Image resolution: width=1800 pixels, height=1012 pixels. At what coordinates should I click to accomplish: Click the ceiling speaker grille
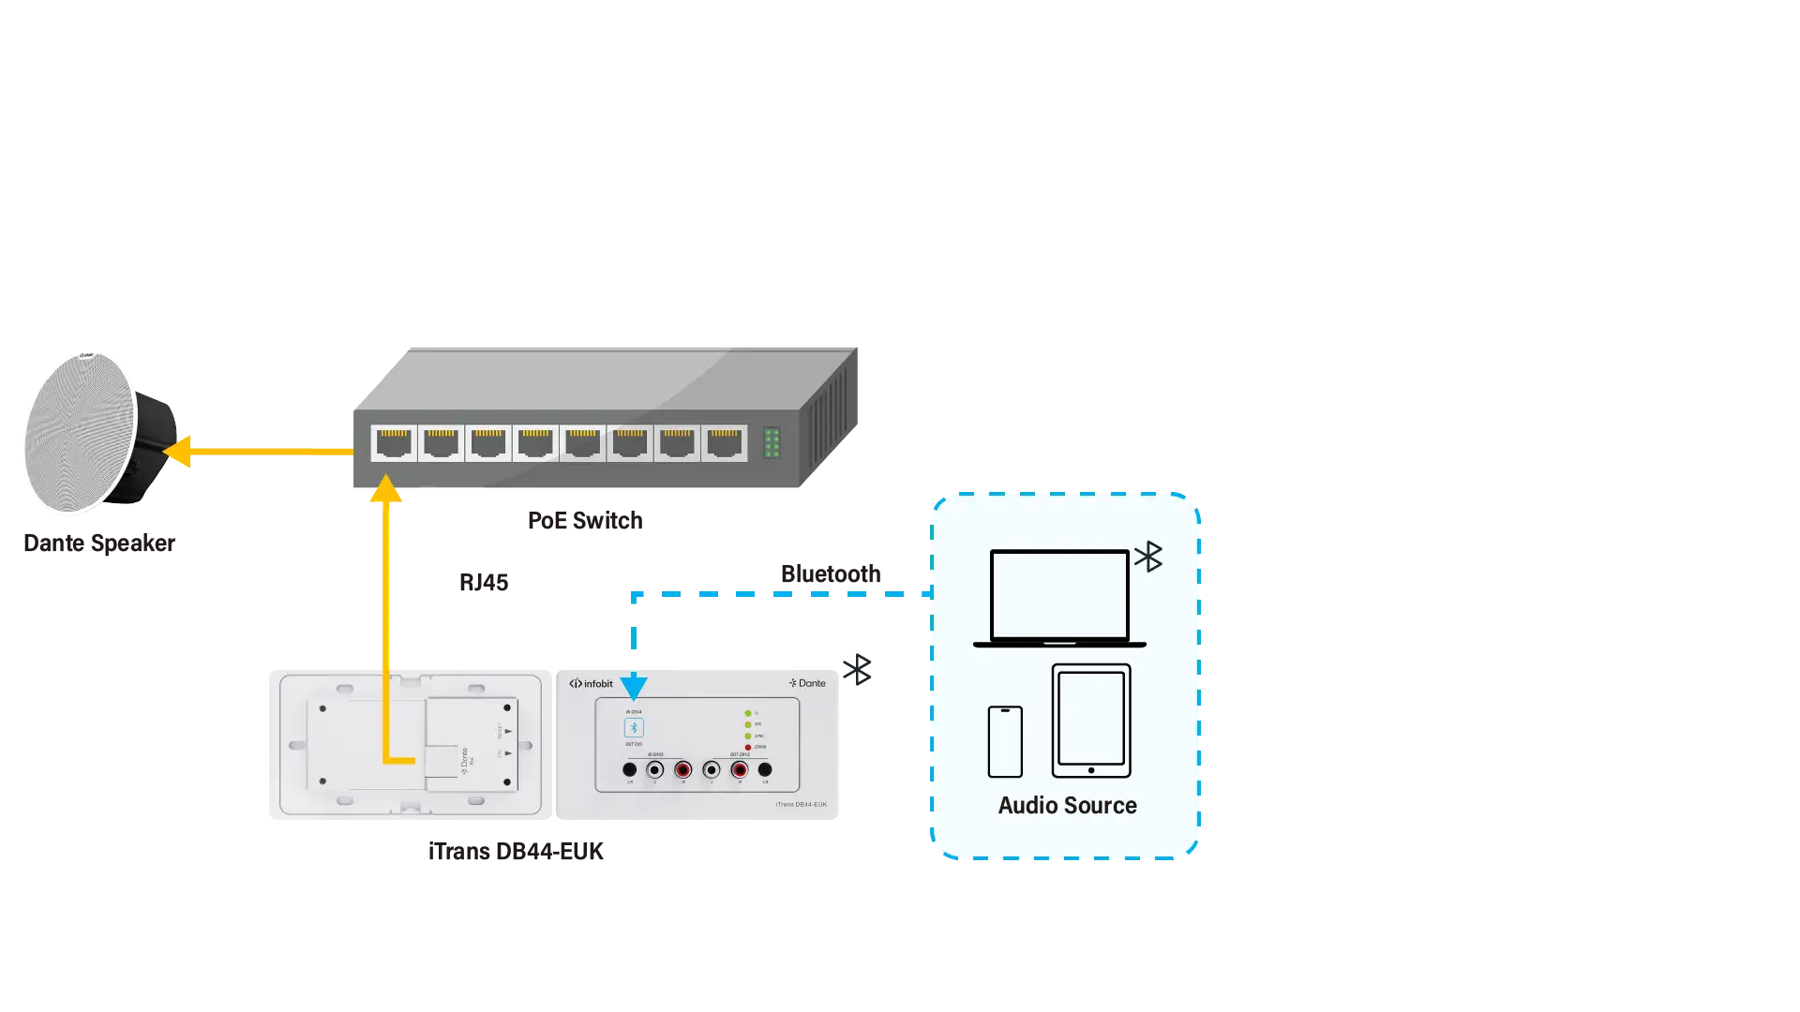(x=80, y=433)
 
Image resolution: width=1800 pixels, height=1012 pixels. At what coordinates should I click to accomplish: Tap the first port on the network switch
(x=394, y=442)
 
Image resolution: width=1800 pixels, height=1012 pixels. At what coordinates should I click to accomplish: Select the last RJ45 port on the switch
(x=724, y=442)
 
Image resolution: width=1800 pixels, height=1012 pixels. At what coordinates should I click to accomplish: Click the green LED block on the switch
(x=772, y=442)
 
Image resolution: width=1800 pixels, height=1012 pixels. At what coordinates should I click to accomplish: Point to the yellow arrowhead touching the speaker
(x=178, y=451)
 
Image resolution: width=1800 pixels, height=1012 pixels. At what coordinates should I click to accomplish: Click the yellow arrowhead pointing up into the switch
(x=385, y=489)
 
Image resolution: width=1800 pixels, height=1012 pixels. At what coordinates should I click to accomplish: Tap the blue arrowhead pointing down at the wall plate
(x=634, y=688)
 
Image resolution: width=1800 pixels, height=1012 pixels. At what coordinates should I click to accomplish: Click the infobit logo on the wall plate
(x=591, y=684)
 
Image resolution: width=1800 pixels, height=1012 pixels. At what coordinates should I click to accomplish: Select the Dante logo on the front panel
(x=807, y=683)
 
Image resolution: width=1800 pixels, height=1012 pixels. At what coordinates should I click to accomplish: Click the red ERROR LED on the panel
(x=748, y=747)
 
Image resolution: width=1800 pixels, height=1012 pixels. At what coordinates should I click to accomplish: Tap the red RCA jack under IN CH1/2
(x=683, y=770)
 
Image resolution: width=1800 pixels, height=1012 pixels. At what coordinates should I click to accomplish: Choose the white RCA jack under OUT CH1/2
(x=712, y=770)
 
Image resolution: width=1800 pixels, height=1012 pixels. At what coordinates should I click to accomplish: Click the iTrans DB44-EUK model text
(x=801, y=805)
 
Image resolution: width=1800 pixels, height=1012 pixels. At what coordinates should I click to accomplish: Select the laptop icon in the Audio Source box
(x=1059, y=598)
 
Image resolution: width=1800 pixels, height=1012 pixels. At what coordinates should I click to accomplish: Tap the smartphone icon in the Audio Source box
(x=1005, y=741)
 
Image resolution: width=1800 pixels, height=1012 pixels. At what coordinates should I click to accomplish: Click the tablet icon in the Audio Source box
(x=1091, y=721)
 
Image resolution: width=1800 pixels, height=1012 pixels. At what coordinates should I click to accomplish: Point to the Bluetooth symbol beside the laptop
(x=1148, y=557)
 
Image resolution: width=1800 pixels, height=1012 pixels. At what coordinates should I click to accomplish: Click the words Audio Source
(x=1067, y=806)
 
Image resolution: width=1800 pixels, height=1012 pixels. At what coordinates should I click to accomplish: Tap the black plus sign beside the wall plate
(x=858, y=671)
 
